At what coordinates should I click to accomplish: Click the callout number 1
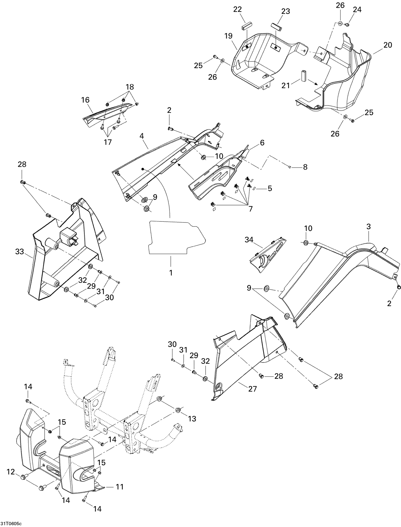click(x=171, y=273)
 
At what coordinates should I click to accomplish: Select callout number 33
click(x=20, y=251)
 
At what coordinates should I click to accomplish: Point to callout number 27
click(x=252, y=389)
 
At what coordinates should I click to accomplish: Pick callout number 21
click(x=286, y=85)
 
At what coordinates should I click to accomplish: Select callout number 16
click(x=85, y=100)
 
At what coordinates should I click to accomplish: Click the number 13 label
click(x=192, y=419)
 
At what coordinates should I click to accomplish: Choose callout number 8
click(x=305, y=167)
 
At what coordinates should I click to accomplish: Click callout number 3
click(x=368, y=227)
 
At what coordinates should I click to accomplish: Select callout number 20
click(x=388, y=45)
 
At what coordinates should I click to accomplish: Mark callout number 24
click(x=357, y=9)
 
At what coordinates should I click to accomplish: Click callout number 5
click(x=270, y=188)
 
